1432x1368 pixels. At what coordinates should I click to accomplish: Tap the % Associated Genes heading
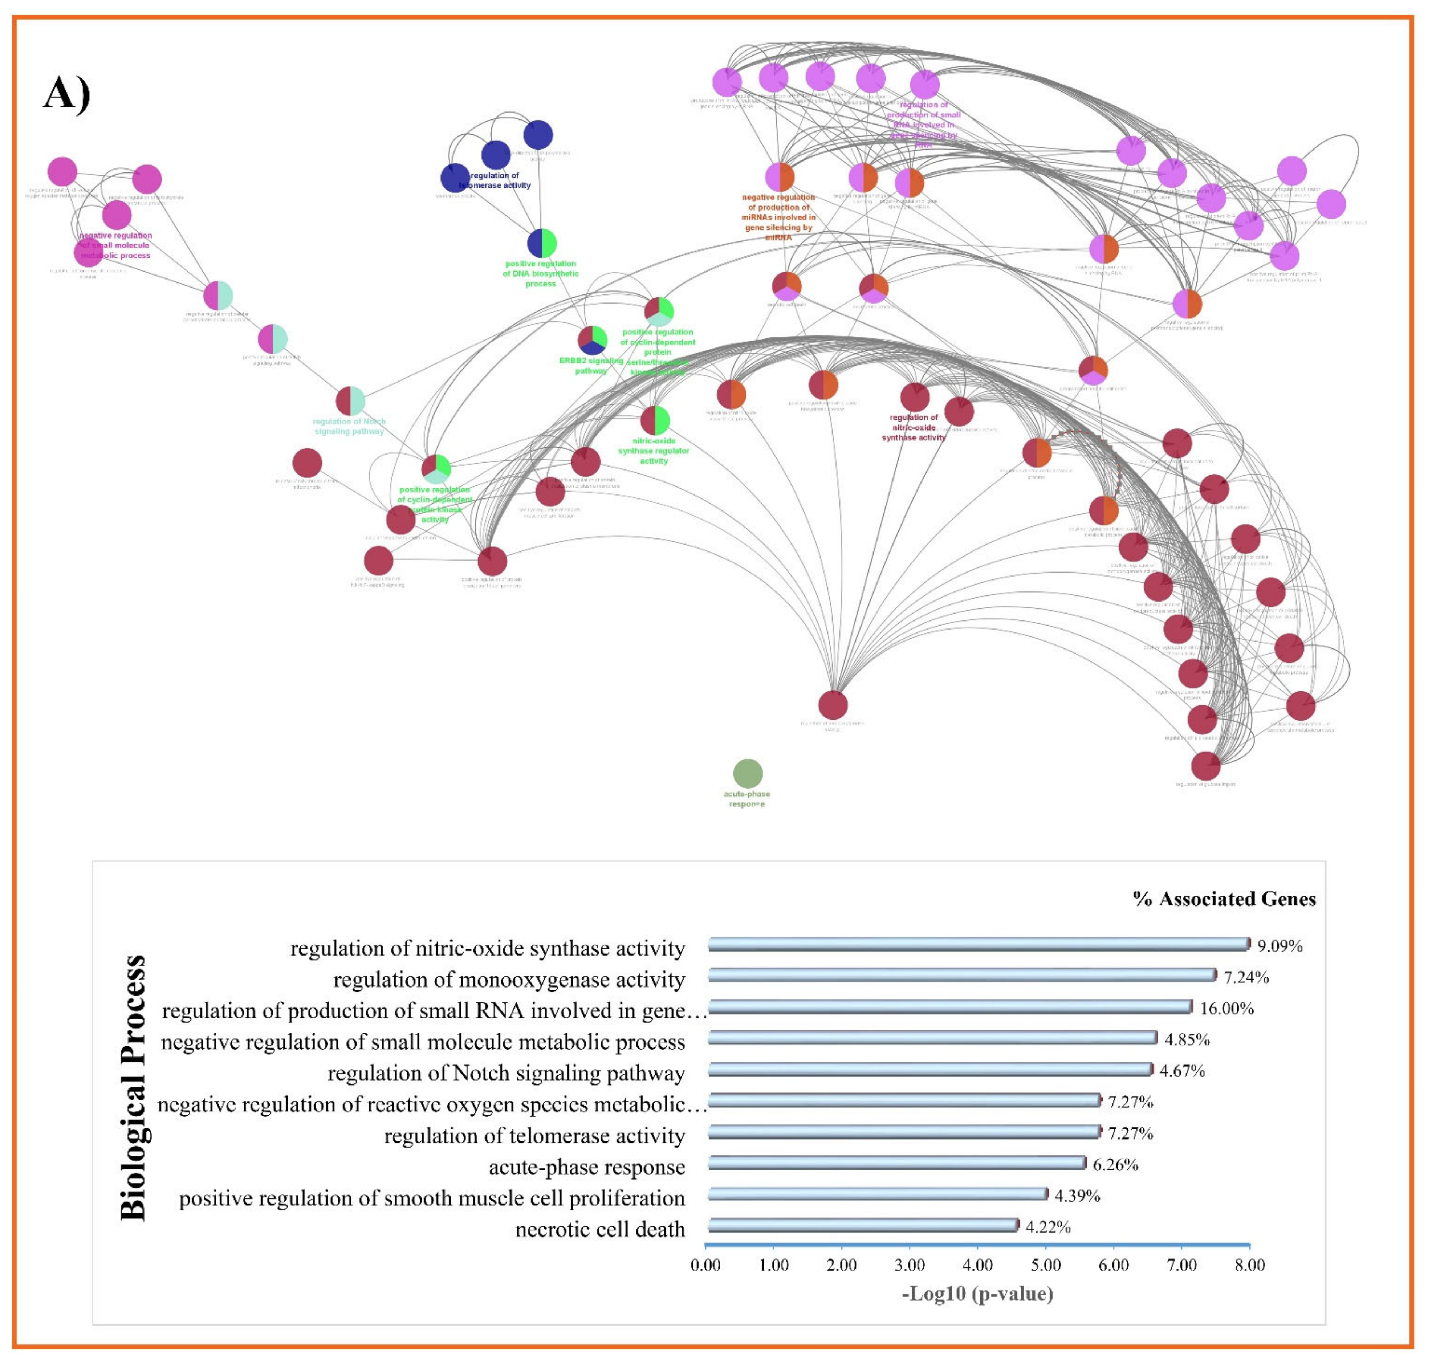click(1224, 899)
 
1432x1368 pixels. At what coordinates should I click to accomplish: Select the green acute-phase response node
click(747, 774)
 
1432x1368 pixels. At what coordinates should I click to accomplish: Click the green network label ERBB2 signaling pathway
click(591, 365)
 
